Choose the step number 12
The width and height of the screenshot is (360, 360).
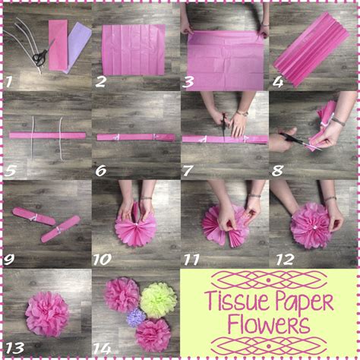[284, 258]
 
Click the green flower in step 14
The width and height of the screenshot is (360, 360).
[158, 299]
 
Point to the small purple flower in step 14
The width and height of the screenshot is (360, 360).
[136, 317]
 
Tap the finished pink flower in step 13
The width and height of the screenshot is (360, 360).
[47, 313]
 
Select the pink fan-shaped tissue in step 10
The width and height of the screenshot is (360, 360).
[135, 228]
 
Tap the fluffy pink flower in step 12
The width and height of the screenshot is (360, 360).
[312, 226]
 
